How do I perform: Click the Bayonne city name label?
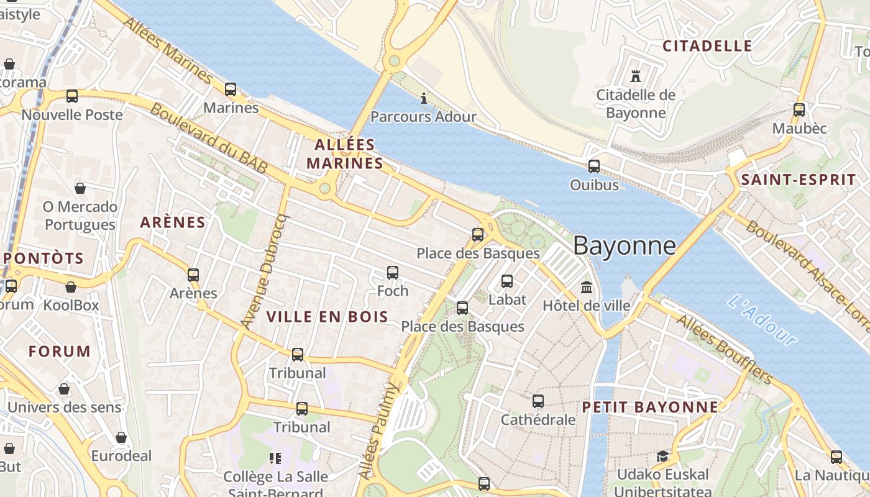(x=624, y=246)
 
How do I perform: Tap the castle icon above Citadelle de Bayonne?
(x=635, y=76)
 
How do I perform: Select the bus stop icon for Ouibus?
(x=594, y=166)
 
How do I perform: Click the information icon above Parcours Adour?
(x=424, y=98)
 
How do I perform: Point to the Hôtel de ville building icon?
(x=587, y=288)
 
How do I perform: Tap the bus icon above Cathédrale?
(x=538, y=401)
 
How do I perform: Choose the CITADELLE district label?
(x=707, y=46)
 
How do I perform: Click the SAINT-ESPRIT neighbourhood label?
(x=799, y=180)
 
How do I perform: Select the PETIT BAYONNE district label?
(x=650, y=408)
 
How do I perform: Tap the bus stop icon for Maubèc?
(x=799, y=110)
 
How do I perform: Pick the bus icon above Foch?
(x=393, y=272)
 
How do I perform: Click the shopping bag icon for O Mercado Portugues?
(x=80, y=188)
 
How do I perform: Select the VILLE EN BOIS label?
(x=327, y=317)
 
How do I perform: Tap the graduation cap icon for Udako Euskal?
(x=662, y=457)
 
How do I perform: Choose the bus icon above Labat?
(x=507, y=281)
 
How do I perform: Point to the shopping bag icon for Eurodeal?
(x=121, y=437)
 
